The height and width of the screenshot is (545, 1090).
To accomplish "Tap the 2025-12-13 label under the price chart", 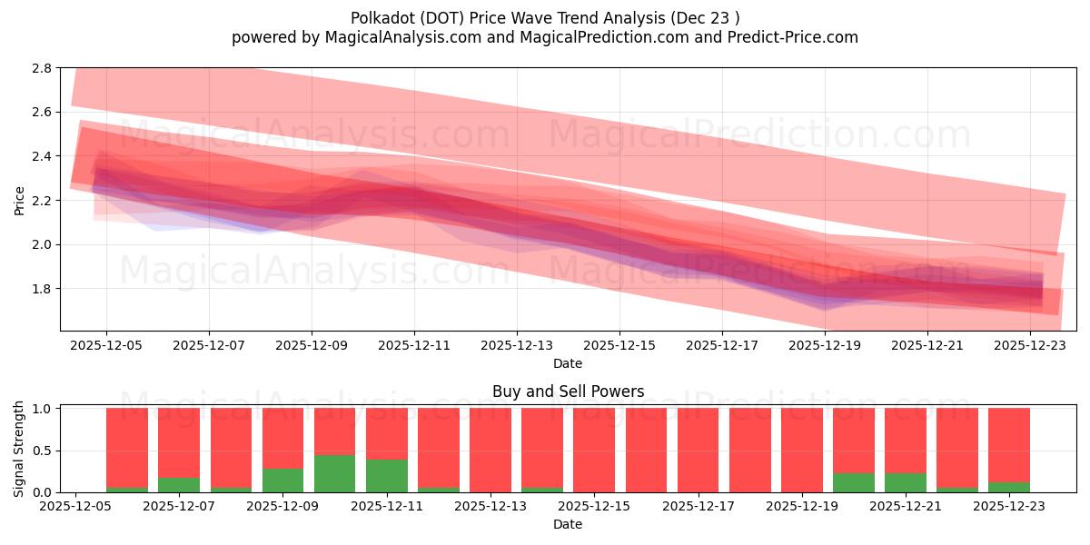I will (x=517, y=345).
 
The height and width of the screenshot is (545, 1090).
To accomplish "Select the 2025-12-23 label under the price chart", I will (x=1030, y=345).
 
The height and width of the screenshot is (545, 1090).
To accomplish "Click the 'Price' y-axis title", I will (x=20, y=199).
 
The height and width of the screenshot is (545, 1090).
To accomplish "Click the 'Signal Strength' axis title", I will (x=20, y=450).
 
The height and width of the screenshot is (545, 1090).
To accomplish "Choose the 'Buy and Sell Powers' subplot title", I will (x=568, y=391).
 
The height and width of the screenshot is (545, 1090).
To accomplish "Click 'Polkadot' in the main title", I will (x=381, y=18).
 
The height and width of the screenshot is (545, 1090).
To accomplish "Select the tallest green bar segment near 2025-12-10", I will (x=335, y=473).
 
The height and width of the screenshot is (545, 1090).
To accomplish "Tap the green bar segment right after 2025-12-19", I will (x=854, y=482).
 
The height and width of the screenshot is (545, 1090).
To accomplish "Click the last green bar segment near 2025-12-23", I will (x=1009, y=487).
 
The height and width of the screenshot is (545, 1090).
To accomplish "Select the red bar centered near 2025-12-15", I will (x=594, y=450).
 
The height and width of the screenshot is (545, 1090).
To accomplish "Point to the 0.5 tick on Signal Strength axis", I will (x=48, y=451).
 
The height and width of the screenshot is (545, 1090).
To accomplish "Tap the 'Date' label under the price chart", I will (x=568, y=363).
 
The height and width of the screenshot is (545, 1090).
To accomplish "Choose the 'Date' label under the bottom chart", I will (x=568, y=524).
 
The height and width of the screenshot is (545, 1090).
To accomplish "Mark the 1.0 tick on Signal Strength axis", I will (x=48, y=409).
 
